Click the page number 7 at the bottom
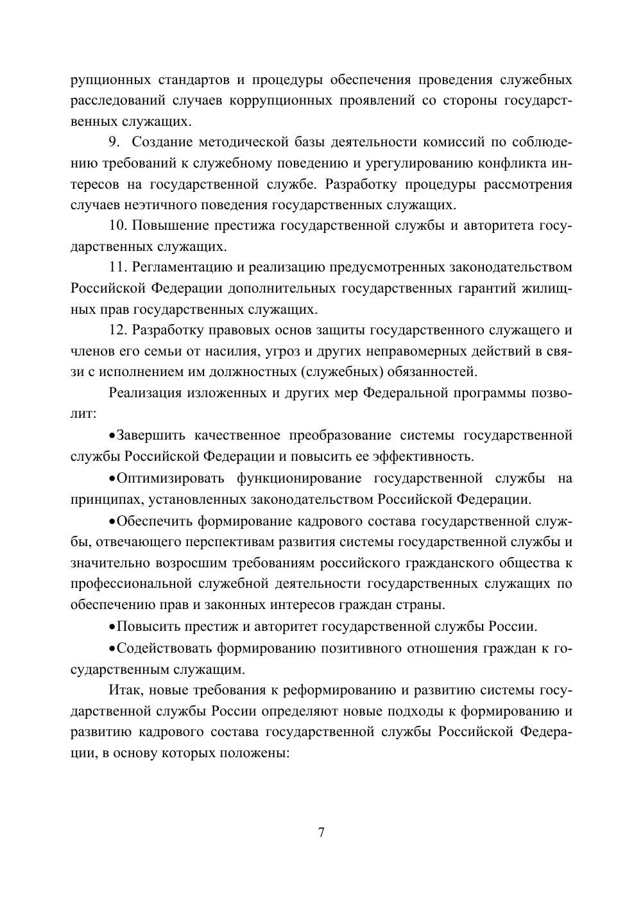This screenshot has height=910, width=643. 321,832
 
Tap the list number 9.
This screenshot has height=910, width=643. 116,142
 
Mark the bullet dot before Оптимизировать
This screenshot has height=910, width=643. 112,479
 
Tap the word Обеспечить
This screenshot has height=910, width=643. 155,520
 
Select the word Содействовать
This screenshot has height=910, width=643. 164,648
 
